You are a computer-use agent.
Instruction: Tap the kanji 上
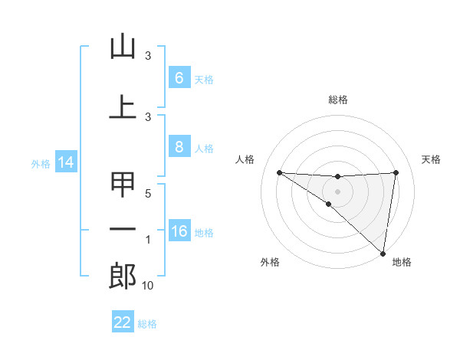pyautogui.click(x=123, y=107)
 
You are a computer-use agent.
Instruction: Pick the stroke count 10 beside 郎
pyautogui.click(x=149, y=286)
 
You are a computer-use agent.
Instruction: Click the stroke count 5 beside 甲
pyautogui.click(x=149, y=194)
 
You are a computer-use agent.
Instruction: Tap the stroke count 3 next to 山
pyautogui.click(x=149, y=56)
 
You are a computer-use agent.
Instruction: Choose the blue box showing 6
pyautogui.click(x=179, y=78)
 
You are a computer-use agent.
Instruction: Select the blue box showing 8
pyautogui.click(x=179, y=147)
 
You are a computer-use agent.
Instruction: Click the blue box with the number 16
pyautogui.click(x=179, y=231)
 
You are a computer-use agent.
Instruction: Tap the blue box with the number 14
pyautogui.click(x=65, y=162)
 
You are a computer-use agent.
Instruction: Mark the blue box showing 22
pyautogui.click(x=123, y=322)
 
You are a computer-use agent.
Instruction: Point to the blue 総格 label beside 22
pyautogui.click(x=147, y=323)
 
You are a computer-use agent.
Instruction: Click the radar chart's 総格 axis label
pyautogui.click(x=337, y=100)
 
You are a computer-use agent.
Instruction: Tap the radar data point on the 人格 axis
pyautogui.click(x=279, y=172)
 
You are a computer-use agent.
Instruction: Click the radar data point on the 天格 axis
pyautogui.click(x=396, y=172)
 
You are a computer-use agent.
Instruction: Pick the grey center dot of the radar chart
pyautogui.click(x=337, y=191)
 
